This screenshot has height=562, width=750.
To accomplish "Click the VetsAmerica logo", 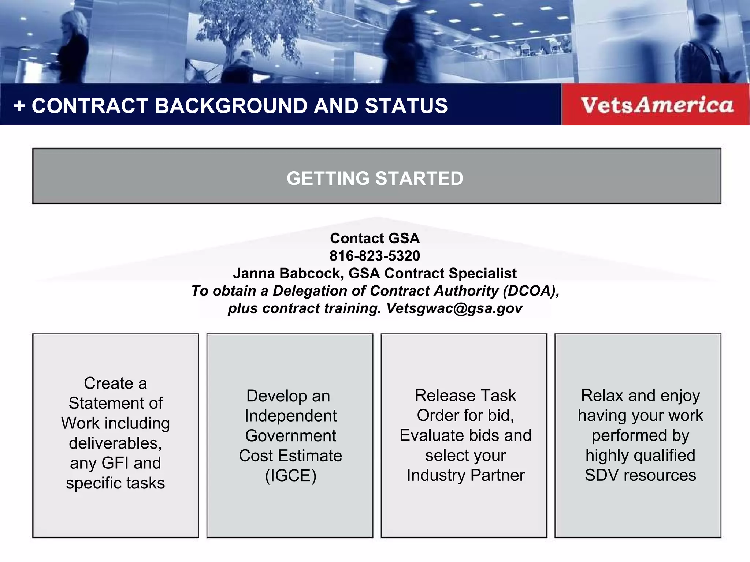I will pos(657,105).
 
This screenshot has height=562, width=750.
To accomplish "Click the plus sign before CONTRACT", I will pos(19,106).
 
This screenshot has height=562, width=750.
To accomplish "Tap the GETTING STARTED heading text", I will pos(375,179).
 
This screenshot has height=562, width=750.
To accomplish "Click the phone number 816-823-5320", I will pos(375,256).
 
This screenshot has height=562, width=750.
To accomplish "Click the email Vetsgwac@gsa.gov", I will pos(454,308).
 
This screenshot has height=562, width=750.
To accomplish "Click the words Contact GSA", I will pos(375,239).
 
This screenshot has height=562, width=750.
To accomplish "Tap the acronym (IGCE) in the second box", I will pos(290,476).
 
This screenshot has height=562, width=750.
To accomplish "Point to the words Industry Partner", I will pos(465,475).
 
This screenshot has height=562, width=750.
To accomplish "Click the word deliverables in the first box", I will pos(115,443).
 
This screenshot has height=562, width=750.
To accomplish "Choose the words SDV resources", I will pos(640,475).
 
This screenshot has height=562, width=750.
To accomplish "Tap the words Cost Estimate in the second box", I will pos(290,456).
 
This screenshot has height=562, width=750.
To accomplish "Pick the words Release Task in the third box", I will pos(465,396).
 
